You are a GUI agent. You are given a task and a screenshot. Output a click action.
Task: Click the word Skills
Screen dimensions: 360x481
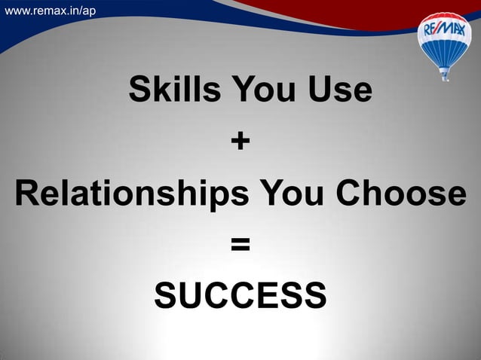(174, 90)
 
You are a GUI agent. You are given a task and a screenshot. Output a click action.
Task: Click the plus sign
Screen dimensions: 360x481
(240, 141)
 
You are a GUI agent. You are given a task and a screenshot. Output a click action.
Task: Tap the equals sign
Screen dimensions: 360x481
(240, 245)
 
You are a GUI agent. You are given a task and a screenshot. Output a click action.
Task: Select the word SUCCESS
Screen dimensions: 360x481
(240, 295)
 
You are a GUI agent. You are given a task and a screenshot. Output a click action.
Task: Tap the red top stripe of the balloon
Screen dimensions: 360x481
(444, 19)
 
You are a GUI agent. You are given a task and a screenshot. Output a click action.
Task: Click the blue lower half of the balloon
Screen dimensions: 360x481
(444, 51)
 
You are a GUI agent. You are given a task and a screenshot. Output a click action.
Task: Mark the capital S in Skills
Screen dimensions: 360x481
(139, 90)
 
